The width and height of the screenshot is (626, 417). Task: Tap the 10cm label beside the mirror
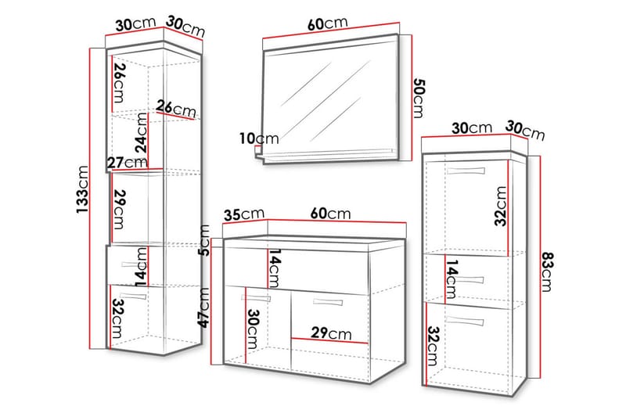259,138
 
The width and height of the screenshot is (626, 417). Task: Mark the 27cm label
127,162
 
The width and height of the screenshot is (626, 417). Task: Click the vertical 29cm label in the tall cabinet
119,207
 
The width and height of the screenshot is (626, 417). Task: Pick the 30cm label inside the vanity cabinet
252,329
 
